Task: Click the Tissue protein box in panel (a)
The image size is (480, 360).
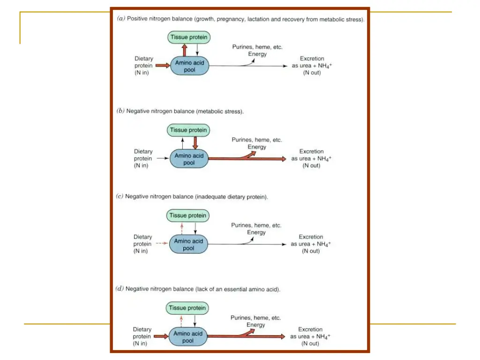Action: pyautogui.click(x=189, y=37)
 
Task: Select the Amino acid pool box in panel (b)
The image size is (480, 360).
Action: pyautogui.click(x=189, y=158)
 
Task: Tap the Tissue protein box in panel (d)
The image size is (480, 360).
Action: pyautogui.click(x=187, y=308)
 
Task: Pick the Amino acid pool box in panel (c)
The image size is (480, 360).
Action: pyautogui.click(x=188, y=244)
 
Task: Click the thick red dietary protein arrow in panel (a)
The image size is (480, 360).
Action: pyautogui.click(x=163, y=66)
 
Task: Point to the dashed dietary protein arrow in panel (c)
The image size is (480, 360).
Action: pyautogui.click(x=162, y=243)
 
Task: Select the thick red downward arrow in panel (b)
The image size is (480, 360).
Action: pyautogui.click(x=195, y=143)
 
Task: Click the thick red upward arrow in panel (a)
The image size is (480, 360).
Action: pyautogui.click(x=184, y=50)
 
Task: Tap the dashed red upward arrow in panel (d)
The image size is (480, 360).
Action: pyautogui.click(x=181, y=322)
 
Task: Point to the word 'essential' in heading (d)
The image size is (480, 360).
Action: pyautogui.click(x=235, y=289)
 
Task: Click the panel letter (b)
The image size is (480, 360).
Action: pyautogui.click(x=120, y=111)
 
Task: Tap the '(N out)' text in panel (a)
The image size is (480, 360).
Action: pyautogui.click(x=312, y=73)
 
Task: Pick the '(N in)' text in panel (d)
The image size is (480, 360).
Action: pyautogui.click(x=140, y=344)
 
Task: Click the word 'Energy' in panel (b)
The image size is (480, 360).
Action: pyautogui.click(x=257, y=147)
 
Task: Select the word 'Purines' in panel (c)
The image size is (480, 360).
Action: pyautogui.click(x=241, y=225)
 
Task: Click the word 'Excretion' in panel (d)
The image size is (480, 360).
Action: pyautogui.click(x=310, y=330)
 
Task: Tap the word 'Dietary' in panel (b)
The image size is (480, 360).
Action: pyautogui.click(x=143, y=151)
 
